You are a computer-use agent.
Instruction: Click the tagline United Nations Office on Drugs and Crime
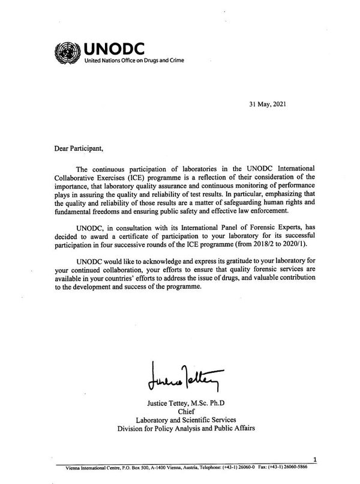click(x=133, y=61)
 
